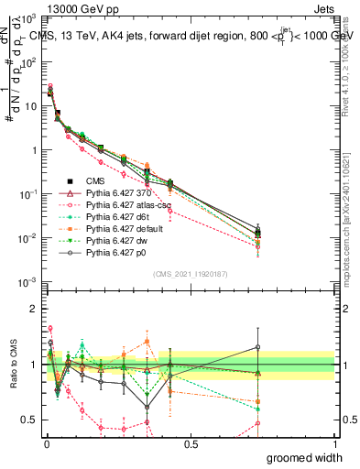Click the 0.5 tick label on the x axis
pos(191,443)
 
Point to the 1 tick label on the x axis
pos(334,443)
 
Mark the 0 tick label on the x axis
pos(46,443)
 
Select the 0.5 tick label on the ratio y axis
pos(28,420)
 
